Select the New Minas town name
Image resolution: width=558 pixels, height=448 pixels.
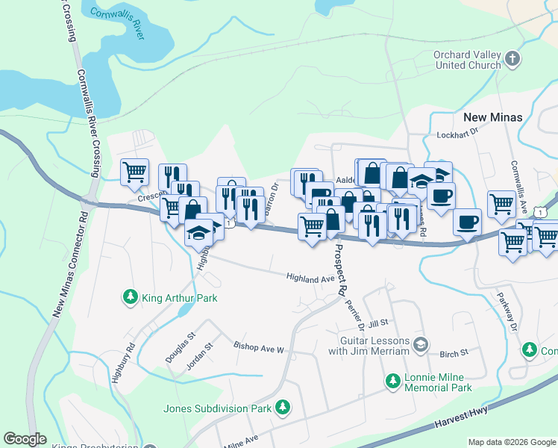click(492, 117)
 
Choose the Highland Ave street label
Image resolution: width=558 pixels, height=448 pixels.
click(311, 278)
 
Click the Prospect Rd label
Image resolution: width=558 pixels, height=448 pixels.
click(342, 269)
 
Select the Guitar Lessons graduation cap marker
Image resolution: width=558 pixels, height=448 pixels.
click(421, 344)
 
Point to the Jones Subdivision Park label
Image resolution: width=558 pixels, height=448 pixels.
click(218, 408)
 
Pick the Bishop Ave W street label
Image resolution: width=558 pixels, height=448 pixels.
click(259, 348)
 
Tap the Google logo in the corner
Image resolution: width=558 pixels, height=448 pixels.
click(25, 439)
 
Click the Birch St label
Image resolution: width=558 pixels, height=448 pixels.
click(454, 352)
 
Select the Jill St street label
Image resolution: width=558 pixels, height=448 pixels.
click(379, 323)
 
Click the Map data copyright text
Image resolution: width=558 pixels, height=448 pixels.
click(512, 442)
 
